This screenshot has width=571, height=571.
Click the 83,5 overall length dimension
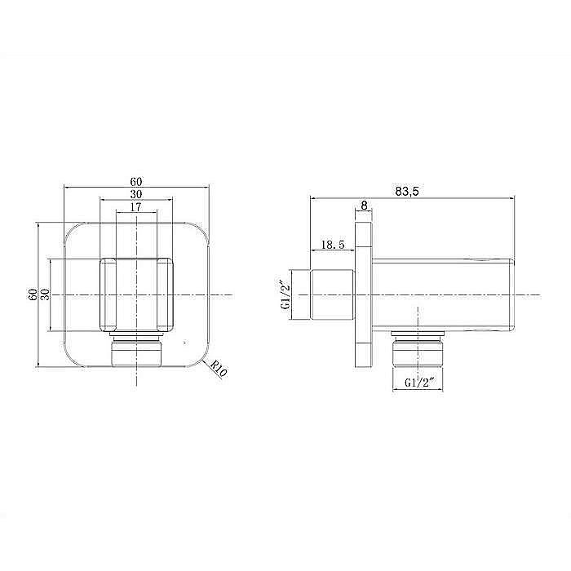pyautogui.click(x=407, y=191)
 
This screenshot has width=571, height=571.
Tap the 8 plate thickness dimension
pyautogui.click(x=364, y=206)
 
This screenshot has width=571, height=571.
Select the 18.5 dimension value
pyautogui.click(x=333, y=245)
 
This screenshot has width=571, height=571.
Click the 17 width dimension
pyautogui.click(x=135, y=207)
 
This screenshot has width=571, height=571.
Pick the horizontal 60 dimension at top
pyautogui.click(x=136, y=181)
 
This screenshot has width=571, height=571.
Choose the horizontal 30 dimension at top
pyautogui.click(x=136, y=194)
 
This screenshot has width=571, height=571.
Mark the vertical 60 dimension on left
pyautogui.click(x=33, y=294)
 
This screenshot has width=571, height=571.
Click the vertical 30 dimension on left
pyautogui.click(x=45, y=294)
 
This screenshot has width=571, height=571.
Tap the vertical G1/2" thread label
pyautogui.click(x=285, y=294)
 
